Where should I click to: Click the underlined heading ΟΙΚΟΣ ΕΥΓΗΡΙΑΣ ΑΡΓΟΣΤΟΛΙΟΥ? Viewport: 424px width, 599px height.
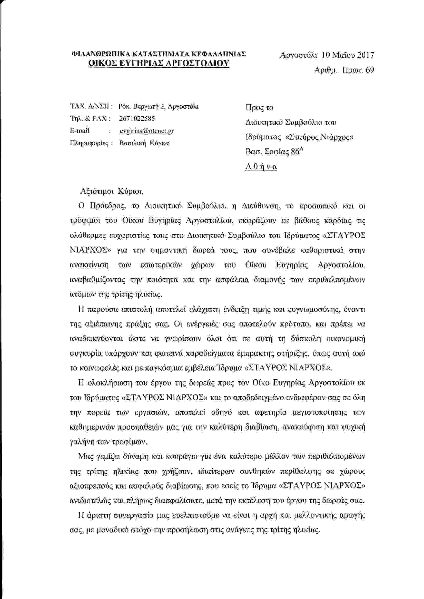[159, 63]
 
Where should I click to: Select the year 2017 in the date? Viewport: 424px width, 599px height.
[366, 55]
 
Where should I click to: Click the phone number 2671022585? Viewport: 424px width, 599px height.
[137, 118]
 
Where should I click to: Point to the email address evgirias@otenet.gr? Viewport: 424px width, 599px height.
[147, 131]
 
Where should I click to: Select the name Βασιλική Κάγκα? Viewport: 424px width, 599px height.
[144, 143]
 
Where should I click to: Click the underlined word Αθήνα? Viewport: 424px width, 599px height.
[261, 167]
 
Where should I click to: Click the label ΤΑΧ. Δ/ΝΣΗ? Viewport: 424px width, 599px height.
[91, 106]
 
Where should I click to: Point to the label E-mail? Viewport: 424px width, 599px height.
[80, 131]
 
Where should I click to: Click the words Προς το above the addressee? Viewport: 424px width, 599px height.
[260, 107]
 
